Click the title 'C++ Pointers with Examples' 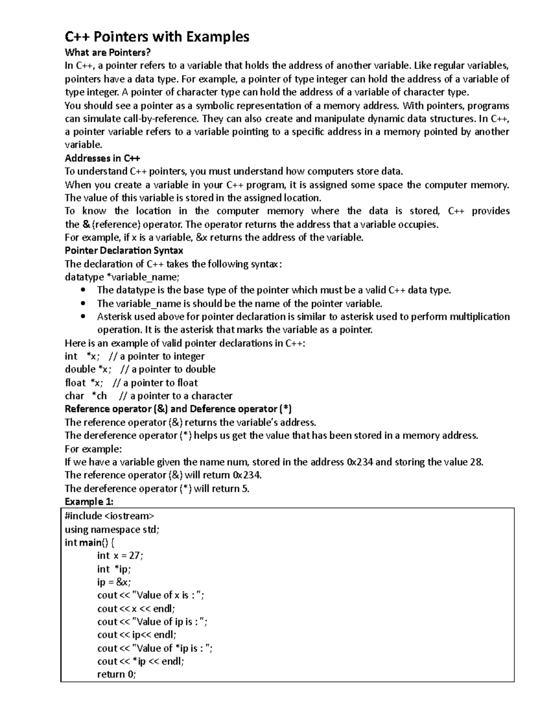[x=157, y=36]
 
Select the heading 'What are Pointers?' [x=107, y=52]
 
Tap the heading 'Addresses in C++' [x=102, y=158]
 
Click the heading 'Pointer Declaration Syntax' [x=124, y=251]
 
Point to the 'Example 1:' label [x=89, y=501]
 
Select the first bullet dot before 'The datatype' [x=83, y=290]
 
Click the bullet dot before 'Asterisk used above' [x=83, y=317]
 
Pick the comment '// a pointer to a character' [x=175, y=396]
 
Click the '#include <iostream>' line [x=110, y=516]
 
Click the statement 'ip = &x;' [x=114, y=582]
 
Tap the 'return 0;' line [x=117, y=674]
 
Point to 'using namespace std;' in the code [x=112, y=529]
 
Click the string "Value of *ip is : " [x=172, y=648]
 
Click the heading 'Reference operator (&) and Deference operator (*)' [x=178, y=409]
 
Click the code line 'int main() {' [x=90, y=543]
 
